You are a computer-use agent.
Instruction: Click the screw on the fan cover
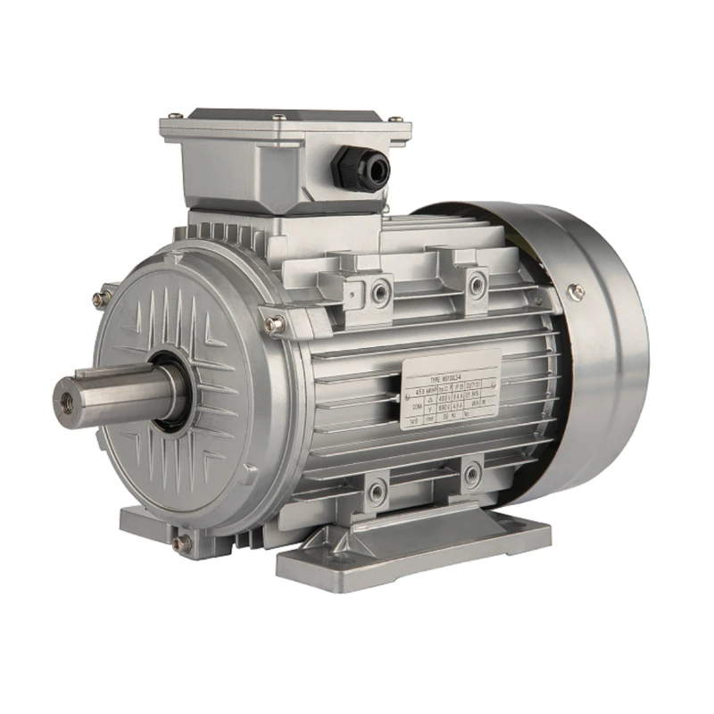577,289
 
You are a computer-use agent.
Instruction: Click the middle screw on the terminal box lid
279,117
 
